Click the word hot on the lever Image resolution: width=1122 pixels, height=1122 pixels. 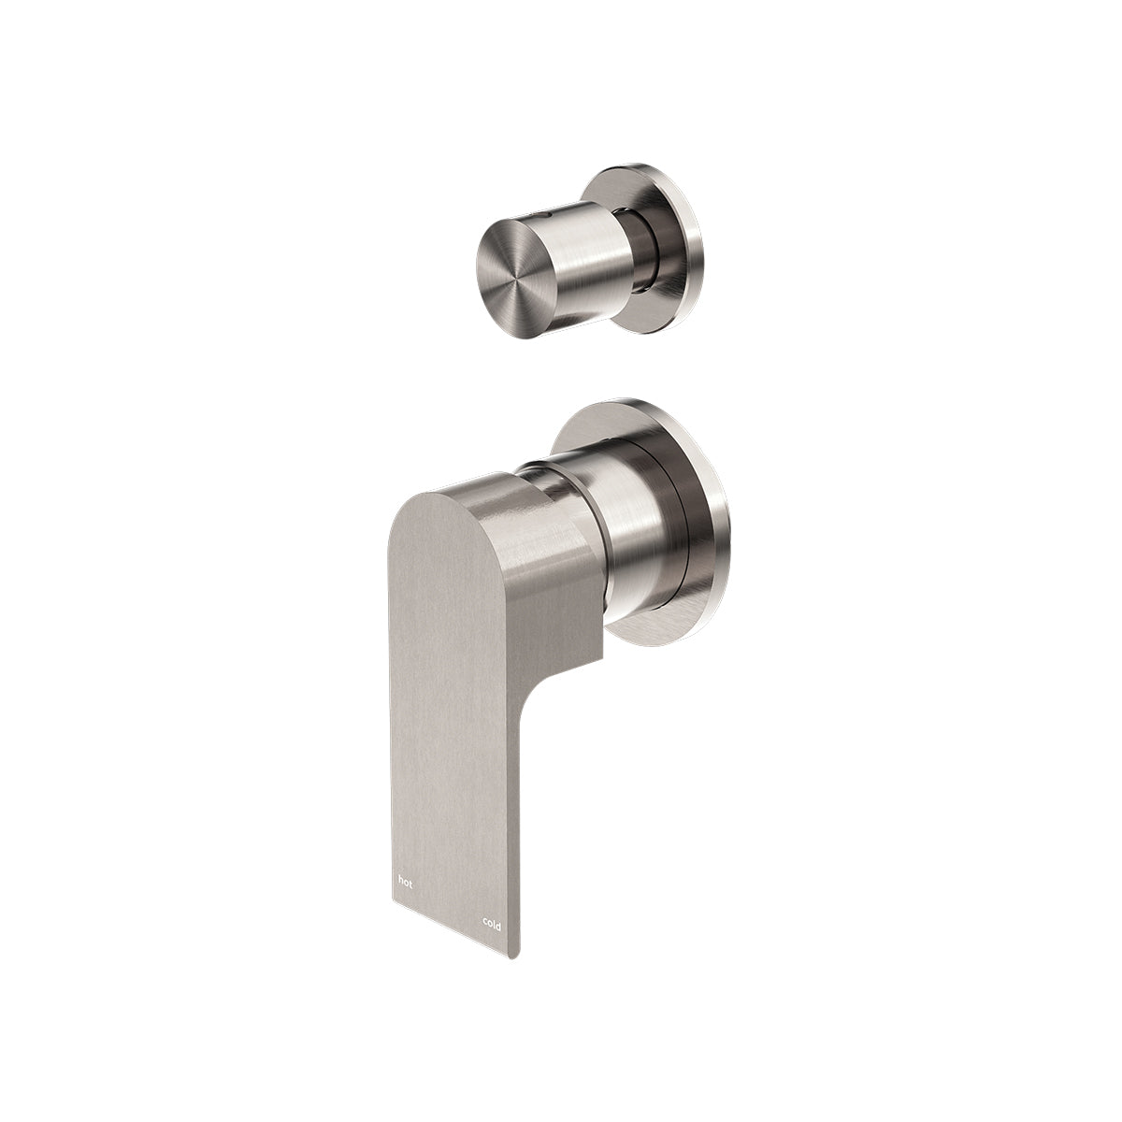[x=404, y=881]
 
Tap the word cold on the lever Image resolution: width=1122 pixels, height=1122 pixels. [x=491, y=925]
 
